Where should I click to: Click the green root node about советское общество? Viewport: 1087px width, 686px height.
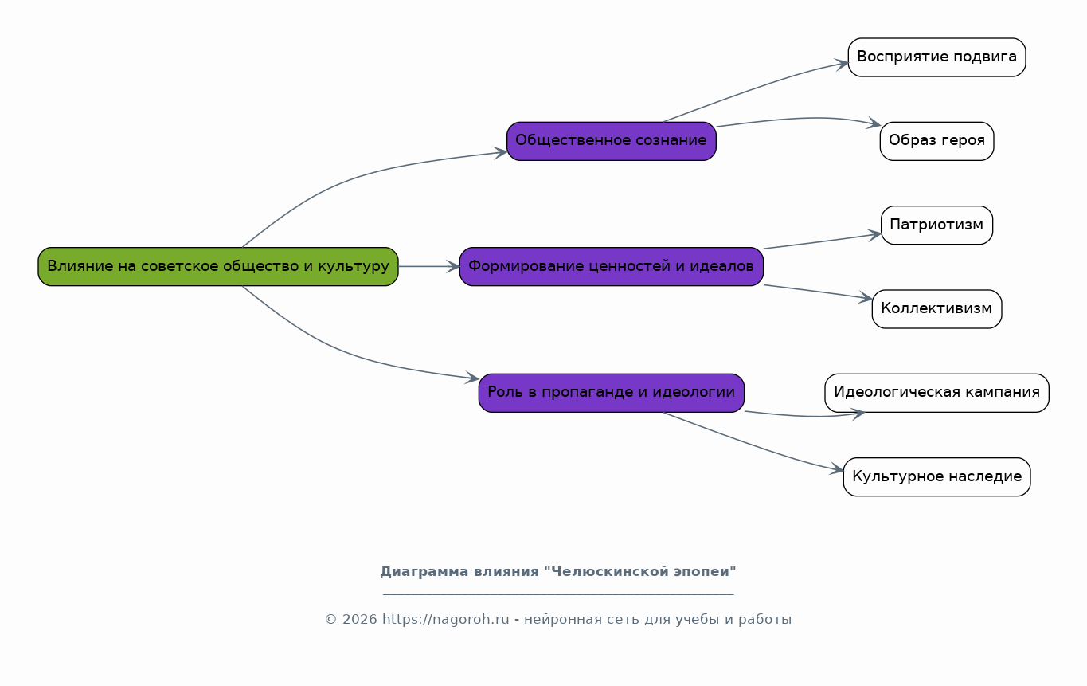click(218, 267)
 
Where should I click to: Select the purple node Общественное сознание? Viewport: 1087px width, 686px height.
click(612, 141)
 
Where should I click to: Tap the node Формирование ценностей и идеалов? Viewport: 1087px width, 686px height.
click(612, 267)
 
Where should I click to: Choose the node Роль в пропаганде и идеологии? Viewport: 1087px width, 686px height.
click(612, 393)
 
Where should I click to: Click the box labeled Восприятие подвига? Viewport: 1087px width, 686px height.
click(936, 57)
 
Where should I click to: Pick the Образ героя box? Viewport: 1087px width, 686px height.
click(936, 141)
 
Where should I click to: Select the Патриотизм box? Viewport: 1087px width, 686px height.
click(936, 225)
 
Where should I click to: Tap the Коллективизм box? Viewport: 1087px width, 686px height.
click(936, 309)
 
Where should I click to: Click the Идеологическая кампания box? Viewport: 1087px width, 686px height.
click(936, 393)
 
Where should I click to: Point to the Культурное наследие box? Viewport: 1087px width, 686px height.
click(936, 476)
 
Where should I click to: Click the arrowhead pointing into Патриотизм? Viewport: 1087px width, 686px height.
click(875, 236)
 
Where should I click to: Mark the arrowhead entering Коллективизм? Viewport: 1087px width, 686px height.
click(866, 298)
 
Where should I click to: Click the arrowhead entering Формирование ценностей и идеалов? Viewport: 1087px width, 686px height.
click(453, 267)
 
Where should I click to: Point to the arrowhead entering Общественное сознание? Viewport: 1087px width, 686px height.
click(501, 152)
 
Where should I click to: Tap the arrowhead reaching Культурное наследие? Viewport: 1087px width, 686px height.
click(837, 469)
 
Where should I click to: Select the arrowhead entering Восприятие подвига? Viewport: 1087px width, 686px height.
click(842, 64)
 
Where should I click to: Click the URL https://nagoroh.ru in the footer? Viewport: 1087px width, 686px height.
click(445, 620)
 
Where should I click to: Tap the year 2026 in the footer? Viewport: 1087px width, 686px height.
click(360, 620)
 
